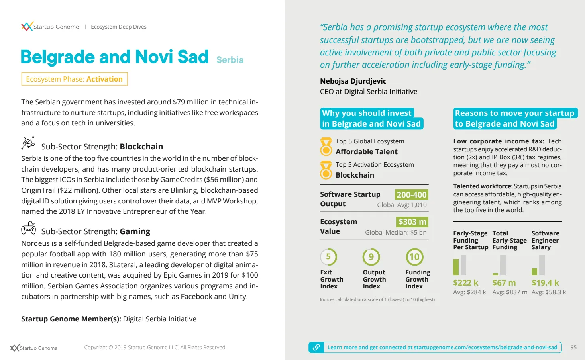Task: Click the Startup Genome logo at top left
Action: tap(27, 27)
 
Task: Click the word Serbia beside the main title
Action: tap(230, 60)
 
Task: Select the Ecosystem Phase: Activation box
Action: tap(74, 79)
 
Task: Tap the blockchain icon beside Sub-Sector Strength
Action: tap(28, 143)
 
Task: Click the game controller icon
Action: tap(28, 228)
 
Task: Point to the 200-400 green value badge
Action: tap(411, 195)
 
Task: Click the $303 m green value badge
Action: tap(412, 222)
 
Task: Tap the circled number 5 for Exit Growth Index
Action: tap(328, 257)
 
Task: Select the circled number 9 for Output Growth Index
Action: tap(371, 257)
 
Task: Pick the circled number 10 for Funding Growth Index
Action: tap(414, 257)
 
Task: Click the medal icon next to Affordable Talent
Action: tap(326, 147)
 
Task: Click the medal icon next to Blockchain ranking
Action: tap(326, 170)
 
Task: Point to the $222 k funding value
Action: tap(465, 283)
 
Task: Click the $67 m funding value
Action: tap(504, 283)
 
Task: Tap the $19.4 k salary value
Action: tap(545, 283)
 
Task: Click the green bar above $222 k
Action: tap(456, 267)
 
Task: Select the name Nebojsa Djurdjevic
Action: tap(353, 81)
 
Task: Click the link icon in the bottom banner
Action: tap(316, 347)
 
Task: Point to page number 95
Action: tap(573, 347)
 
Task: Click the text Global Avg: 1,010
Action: tap(402, 205)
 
